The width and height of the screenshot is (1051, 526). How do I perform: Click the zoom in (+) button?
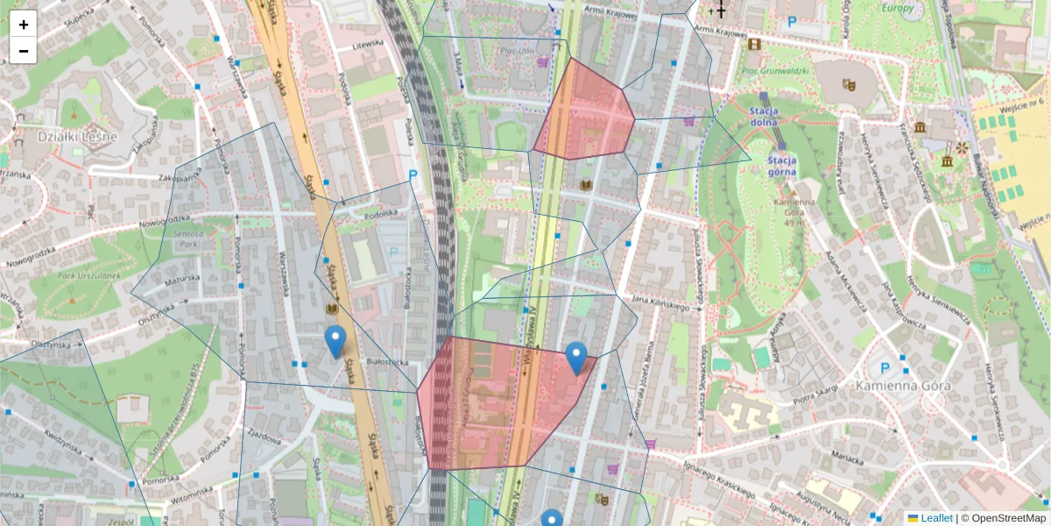click(x=24, y=24)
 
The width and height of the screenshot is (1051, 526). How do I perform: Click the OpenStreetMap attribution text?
click(x=1007, y=518)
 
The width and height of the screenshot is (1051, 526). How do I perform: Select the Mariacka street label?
click(x=846, y=455)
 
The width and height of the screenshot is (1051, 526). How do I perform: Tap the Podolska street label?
click(x=381, y=212)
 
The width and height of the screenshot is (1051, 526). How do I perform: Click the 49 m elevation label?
click(x=795, y=223)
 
